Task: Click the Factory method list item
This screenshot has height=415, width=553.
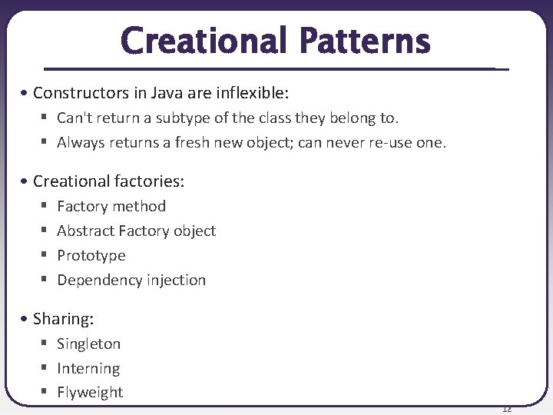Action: point(111,206)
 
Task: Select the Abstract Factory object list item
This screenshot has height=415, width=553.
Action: point(136,231)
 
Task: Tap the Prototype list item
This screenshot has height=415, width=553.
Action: point(91,255)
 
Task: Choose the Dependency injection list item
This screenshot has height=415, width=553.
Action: point(131,280)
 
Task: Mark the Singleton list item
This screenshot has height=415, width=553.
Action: point(88,344)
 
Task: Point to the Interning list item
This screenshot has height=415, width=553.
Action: point(88,369)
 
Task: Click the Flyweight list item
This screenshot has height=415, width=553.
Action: point(90,392)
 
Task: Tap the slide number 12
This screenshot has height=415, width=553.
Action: point(506,408)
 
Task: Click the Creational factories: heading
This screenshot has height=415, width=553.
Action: point(108,181)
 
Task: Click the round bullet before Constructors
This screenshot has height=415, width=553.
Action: point(26,94)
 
